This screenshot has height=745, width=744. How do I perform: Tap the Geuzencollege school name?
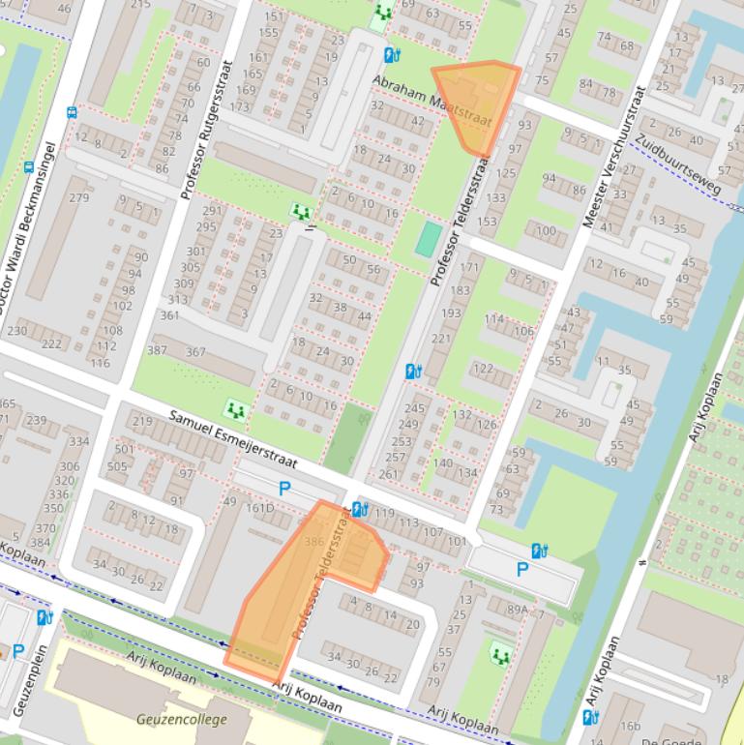click(182, 719)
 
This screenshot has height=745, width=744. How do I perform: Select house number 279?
click(78, 198)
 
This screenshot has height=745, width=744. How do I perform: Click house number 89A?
click(518, 610)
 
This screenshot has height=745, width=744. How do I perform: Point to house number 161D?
click(259, 508)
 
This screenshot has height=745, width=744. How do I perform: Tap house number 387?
click(157, 351)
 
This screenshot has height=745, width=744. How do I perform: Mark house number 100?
click(547, 230)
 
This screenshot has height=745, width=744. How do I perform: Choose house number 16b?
click(631, 726)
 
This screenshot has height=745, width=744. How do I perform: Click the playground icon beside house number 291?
click(301, 211)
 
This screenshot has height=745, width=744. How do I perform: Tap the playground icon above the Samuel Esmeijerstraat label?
click(234, 410)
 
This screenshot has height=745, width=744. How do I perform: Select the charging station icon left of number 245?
click(413, 372)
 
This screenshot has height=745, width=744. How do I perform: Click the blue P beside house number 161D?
click(284, 490)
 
